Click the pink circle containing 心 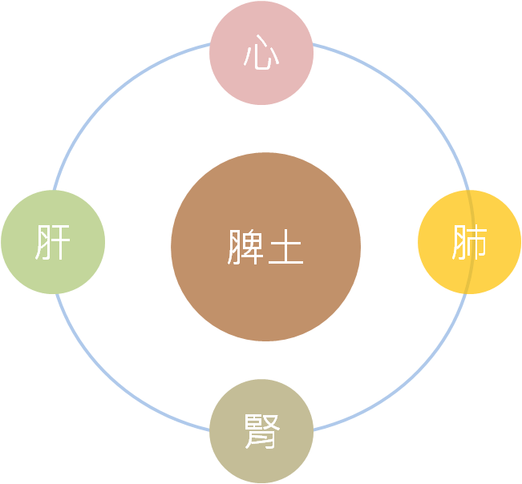pyautogui.click(x=261, y=53)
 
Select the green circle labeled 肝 pyautogui.click(x=53, y=242)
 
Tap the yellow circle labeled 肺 pyautogui.click(x=469, y=242)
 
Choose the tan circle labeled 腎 pyautogui.click(x=261, y=431)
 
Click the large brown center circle pyautogui.click(x=265, y=247)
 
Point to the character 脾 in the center pyautogui.click(x=245, y=247)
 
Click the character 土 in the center pyautogui.click(x=286, y=247)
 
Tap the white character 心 pyautogui.click(x=261, y=52)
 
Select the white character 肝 pyautogui.click(x=53, y=242)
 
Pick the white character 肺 pyautogui.click(x=469, y=242)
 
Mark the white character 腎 pyautogui.click(x=262, y=431)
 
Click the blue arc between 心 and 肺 pyautogui.click(x=411, y=97)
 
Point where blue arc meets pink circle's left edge pyautogui.click(x=210, y=43)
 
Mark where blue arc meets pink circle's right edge pyautogui.click(x=313, y=43)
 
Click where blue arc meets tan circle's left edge pyautogui.click(x=210, y=430)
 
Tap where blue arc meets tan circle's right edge pyautogui.click(x=314, y=430)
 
